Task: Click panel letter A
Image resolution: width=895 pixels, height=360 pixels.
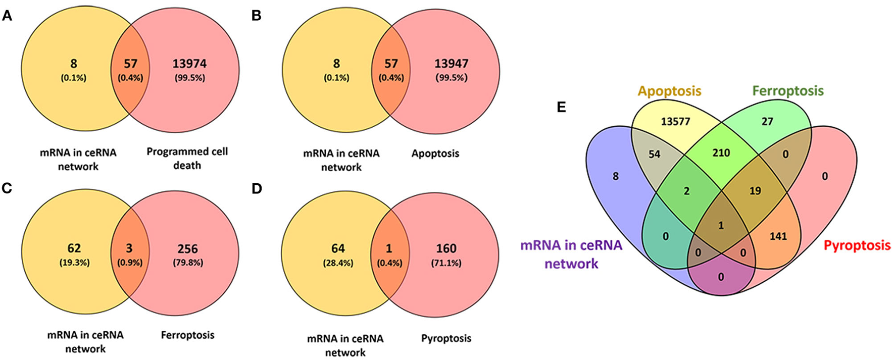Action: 7,16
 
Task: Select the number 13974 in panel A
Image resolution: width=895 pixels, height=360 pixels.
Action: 189,64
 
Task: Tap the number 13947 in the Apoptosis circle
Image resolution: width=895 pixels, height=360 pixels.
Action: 451,64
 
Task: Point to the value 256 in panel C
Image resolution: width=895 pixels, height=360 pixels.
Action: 187,249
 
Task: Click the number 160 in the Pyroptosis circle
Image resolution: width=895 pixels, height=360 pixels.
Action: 446,248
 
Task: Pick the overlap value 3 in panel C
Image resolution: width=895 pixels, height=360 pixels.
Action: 130,248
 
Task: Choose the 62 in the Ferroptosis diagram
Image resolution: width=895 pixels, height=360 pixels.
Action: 74,248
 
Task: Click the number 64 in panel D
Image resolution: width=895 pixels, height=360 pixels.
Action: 338,248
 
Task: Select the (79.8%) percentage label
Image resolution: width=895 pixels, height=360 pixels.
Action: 187,263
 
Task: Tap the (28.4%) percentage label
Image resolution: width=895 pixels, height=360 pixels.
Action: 338,263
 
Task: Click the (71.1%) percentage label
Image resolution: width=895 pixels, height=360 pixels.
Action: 446,263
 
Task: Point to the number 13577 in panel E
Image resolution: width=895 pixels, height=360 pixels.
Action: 675,122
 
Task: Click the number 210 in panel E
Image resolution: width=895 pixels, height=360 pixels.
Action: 721,153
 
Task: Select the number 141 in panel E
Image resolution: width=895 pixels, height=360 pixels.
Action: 778,236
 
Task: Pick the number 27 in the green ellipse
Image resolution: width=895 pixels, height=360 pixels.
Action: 767,122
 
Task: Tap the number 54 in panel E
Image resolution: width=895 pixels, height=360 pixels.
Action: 654,154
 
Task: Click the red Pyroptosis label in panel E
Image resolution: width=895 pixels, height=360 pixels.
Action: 857,246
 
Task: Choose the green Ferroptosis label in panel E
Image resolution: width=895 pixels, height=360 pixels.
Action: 787,91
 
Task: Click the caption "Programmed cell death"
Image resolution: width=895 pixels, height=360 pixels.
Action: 187,159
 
